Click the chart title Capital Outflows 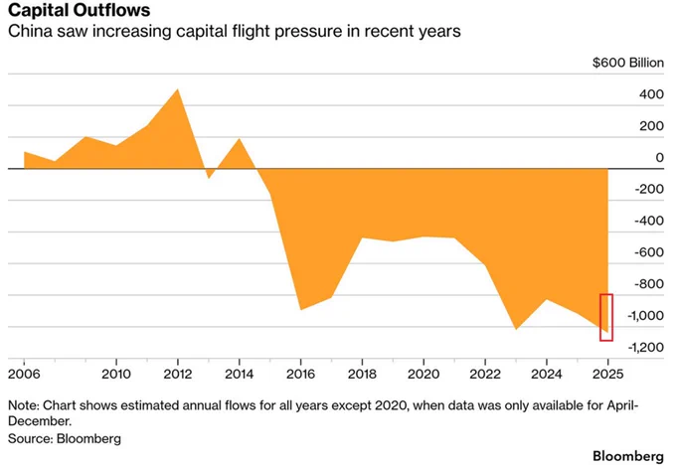tap(79, 10)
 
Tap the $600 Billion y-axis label tap(627, 63)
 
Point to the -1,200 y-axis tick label tap(645, 347)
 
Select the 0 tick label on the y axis tap(660, 158)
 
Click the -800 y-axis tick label tap(649, 284)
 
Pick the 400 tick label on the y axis tap(651, 94)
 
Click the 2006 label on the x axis tap(24, 374)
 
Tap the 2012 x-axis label tap(178, 374)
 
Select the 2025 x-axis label tap(607, 374)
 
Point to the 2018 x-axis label tap(362, 374)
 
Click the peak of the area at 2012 tap(178, 89)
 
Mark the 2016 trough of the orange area tap(301, 309)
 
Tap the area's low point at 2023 tap(516, 329)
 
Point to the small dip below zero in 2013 tap(209, 178)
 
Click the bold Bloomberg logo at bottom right tap(628, 456)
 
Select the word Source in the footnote tap(30, 439)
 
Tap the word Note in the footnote tap(24, 405)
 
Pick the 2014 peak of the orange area tap(240, 138)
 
